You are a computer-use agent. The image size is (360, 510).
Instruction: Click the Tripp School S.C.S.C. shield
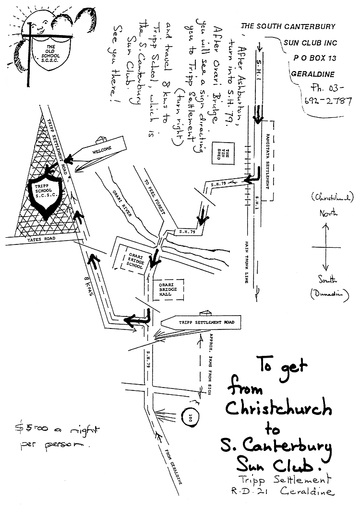[x=43, y=194]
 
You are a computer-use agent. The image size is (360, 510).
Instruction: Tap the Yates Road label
[x=41, y=239]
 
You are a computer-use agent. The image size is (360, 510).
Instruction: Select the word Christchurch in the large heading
[x=278, y=409]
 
